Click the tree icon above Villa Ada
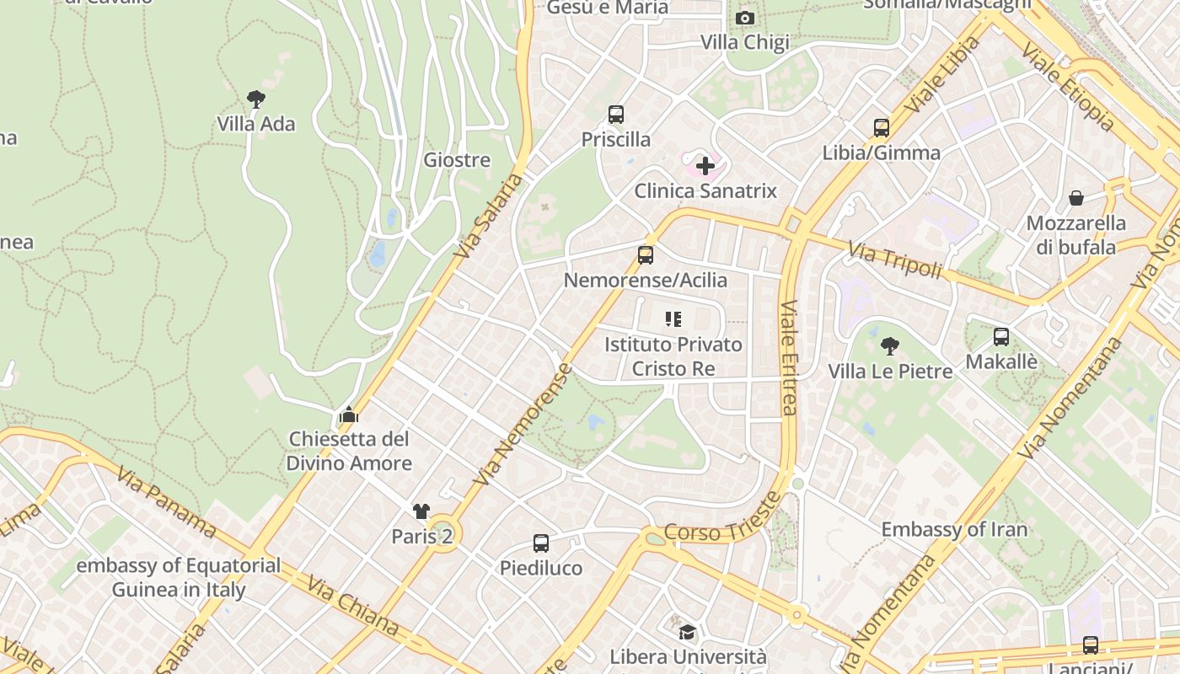256,99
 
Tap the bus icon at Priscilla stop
616,115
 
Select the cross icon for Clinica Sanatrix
705,166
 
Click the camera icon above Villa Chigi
744,18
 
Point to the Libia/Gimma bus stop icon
882,128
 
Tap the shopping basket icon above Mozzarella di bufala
1076,198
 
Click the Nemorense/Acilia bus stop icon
646,254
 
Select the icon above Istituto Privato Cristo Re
673,319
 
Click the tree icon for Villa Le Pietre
889,345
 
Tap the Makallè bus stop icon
1001,337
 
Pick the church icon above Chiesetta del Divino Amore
349,414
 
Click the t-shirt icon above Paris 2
421,511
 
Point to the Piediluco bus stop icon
541,543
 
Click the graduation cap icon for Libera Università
688,632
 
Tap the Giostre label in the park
457,160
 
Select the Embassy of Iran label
954,530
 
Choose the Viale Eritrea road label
788,358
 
